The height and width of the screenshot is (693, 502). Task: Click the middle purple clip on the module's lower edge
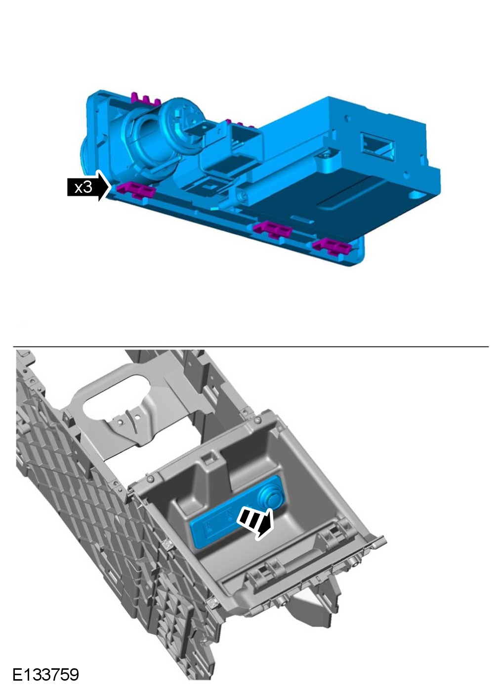click(x=273, y=229)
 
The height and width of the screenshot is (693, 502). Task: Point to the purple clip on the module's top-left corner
click(x=145, y=99)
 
